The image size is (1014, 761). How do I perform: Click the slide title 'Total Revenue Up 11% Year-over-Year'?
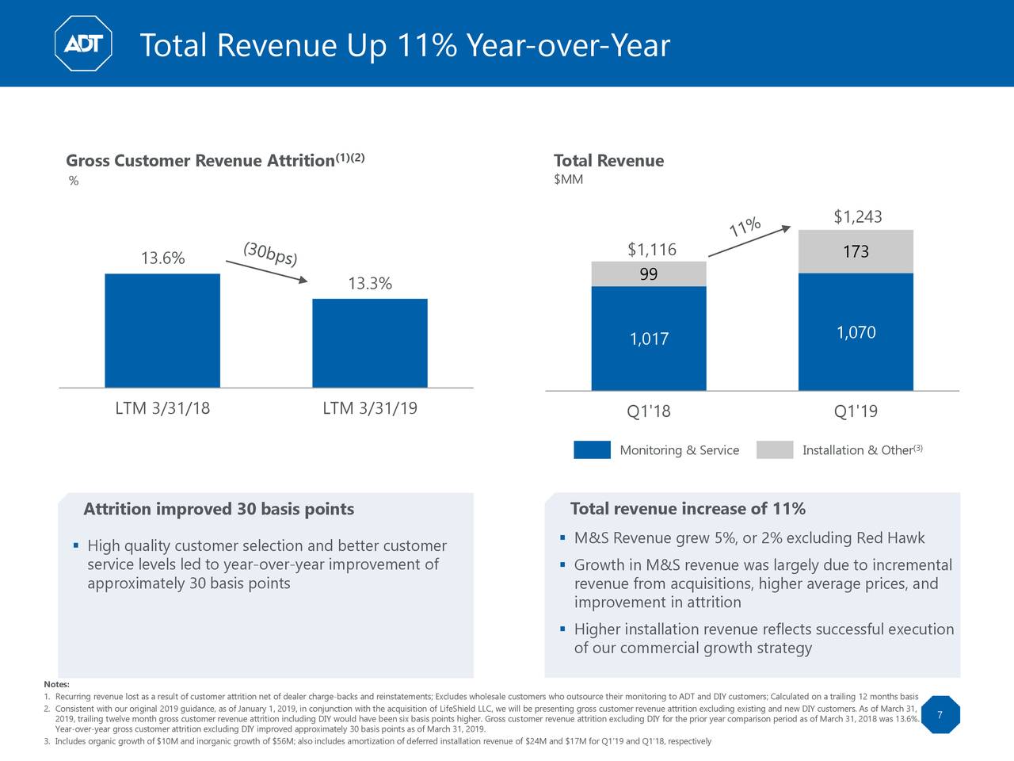pyautogui.click(x=404, y=46)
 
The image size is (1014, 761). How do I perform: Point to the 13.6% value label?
pyautogui.click(x=162, y=258)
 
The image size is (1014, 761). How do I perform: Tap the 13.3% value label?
pyautogui.click(x=370, y=284)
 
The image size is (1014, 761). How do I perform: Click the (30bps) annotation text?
pyautogui.click(x=270, y=254)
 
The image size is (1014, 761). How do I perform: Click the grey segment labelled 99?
pyautogui.click(x=649, y=274)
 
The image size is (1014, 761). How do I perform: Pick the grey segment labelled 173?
pyautogui.click(x=856, y=252)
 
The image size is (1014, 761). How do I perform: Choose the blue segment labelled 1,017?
pyautogui.click(x=649, y=339)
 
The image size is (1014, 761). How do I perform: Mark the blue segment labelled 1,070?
pyautogui.click(x=856, y=333)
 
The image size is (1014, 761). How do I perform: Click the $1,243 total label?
pyautogui.click(x=857, y=217)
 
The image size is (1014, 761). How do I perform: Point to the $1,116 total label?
pyautogui.click(x=651, y=250)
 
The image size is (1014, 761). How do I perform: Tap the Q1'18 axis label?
pyautogui.click(x=648, y=411)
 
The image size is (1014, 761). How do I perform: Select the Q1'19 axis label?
pyautogui.click(x=856, y=411)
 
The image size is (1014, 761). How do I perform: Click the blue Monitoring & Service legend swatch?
pyautogui.click(x=592, y=449)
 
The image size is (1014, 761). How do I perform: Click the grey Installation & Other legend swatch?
pyautogui.click(x=774, y=449)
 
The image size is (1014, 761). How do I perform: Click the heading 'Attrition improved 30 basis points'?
pyautogui.click(x=219, y=509)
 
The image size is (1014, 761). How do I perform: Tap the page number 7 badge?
pyautogui.click(x=939, y=716)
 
